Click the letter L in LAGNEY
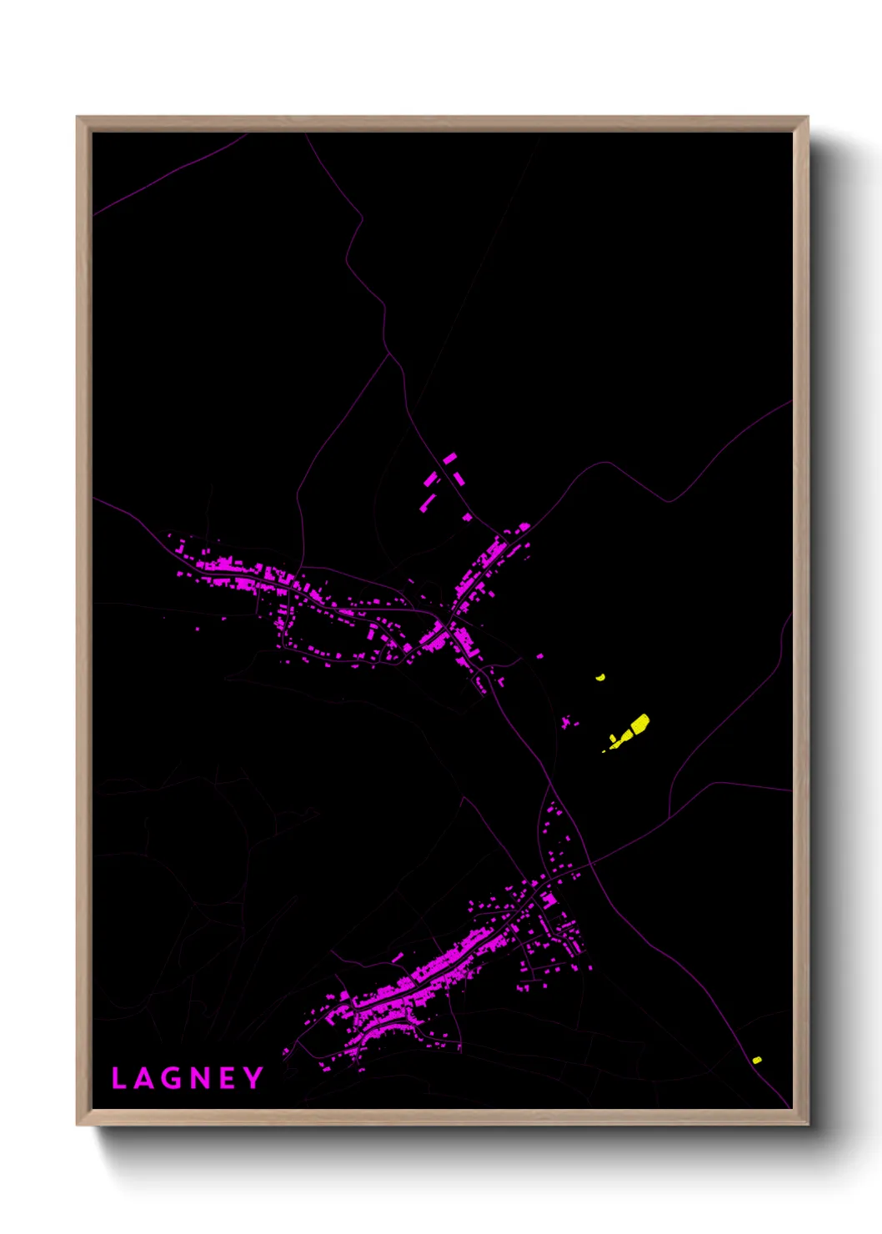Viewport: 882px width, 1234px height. pyautogui.click(x=118, y=1078)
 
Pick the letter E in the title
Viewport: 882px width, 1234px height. pyautogui.click(x=226, y=1078)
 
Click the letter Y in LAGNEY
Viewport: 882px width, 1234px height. pyautogui.click(x=253, y=1078)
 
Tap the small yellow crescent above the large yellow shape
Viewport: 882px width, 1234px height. pyautogui.click(x=600, y=678)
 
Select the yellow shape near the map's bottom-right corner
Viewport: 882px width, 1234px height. pyautogui.click(x=756, y=1060)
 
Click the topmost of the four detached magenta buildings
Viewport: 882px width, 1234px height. pyautogui.click(x=450, y=458)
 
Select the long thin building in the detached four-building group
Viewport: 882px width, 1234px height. pyautogui.click(x=428, y=501)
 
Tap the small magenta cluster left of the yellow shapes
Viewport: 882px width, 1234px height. pyautogui.click(x=568, y=721)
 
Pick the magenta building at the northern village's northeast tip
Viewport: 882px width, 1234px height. pyautogui.click(x=524, y=527)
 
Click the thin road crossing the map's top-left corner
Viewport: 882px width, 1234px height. pyautogui.click(x=167, y=175)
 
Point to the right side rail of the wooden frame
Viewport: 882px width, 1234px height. pyautogui.click(x=800, y=617)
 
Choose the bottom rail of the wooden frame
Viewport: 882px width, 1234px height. pyautogui.click(x=442, y=1116)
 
